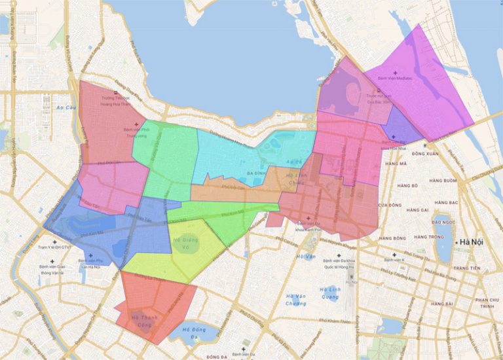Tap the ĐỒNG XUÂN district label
tap(426, 154)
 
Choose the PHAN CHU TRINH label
tap(484, 302)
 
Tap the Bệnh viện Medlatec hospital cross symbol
tap(396, 72)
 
